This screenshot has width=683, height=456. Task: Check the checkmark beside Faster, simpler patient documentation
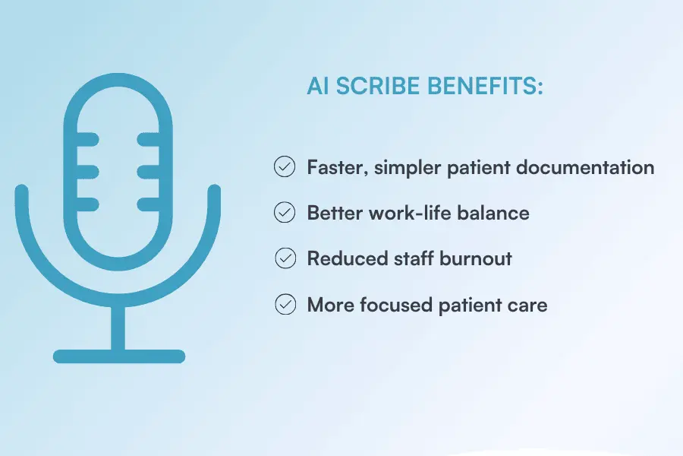pyautogui.click(x=285, y=167)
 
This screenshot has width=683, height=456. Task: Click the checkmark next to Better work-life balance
pyautogui.click(x=285, y=213)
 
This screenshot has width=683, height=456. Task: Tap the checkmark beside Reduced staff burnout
pyautogui.click(x=285, y=258)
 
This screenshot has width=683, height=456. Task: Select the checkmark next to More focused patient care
pyautogui.click(x=285, y=305)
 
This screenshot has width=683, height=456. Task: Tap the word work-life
pyautogui.click(x=407, y=213)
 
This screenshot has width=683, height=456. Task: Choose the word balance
pyautogui.click(x=495, y=213)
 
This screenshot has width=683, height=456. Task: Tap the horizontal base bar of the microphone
pyautogui.click(x=118, y=356)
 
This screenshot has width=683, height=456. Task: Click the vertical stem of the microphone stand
pyautogui.click(x=118, y=327)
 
